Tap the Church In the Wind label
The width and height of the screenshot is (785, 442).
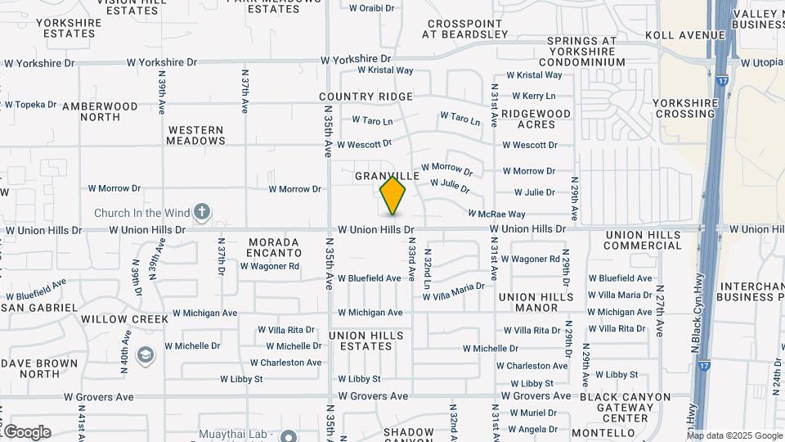pyautogui.click(x=141, y=213)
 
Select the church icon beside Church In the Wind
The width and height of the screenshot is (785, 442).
pyautogui.click(x=202, y=213)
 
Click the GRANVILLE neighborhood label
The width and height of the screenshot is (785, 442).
pyautogui.click(x=388, y=176)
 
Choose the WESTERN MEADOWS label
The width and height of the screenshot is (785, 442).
pyautogui.click(x=196, y=135)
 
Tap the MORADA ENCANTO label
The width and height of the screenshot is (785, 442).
pyautogui.click(x=275, y=246)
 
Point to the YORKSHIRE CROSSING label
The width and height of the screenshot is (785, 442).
pyautogui.click(x=686, y=109)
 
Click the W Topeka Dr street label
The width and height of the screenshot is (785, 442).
pyautogui.click(x=30, y=105)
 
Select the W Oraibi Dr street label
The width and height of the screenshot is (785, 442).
pyautogui.click(x=371, y=8)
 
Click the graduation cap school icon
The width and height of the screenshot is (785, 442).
pyautogui.click(x=146, y=355)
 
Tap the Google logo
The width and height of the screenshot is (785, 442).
pyautogui.click(x=27, y=432)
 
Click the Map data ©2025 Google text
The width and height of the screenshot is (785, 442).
pyautogui.click(x=734, y=435)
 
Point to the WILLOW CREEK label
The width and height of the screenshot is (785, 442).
pyautogui.click(x=124, y=318)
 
